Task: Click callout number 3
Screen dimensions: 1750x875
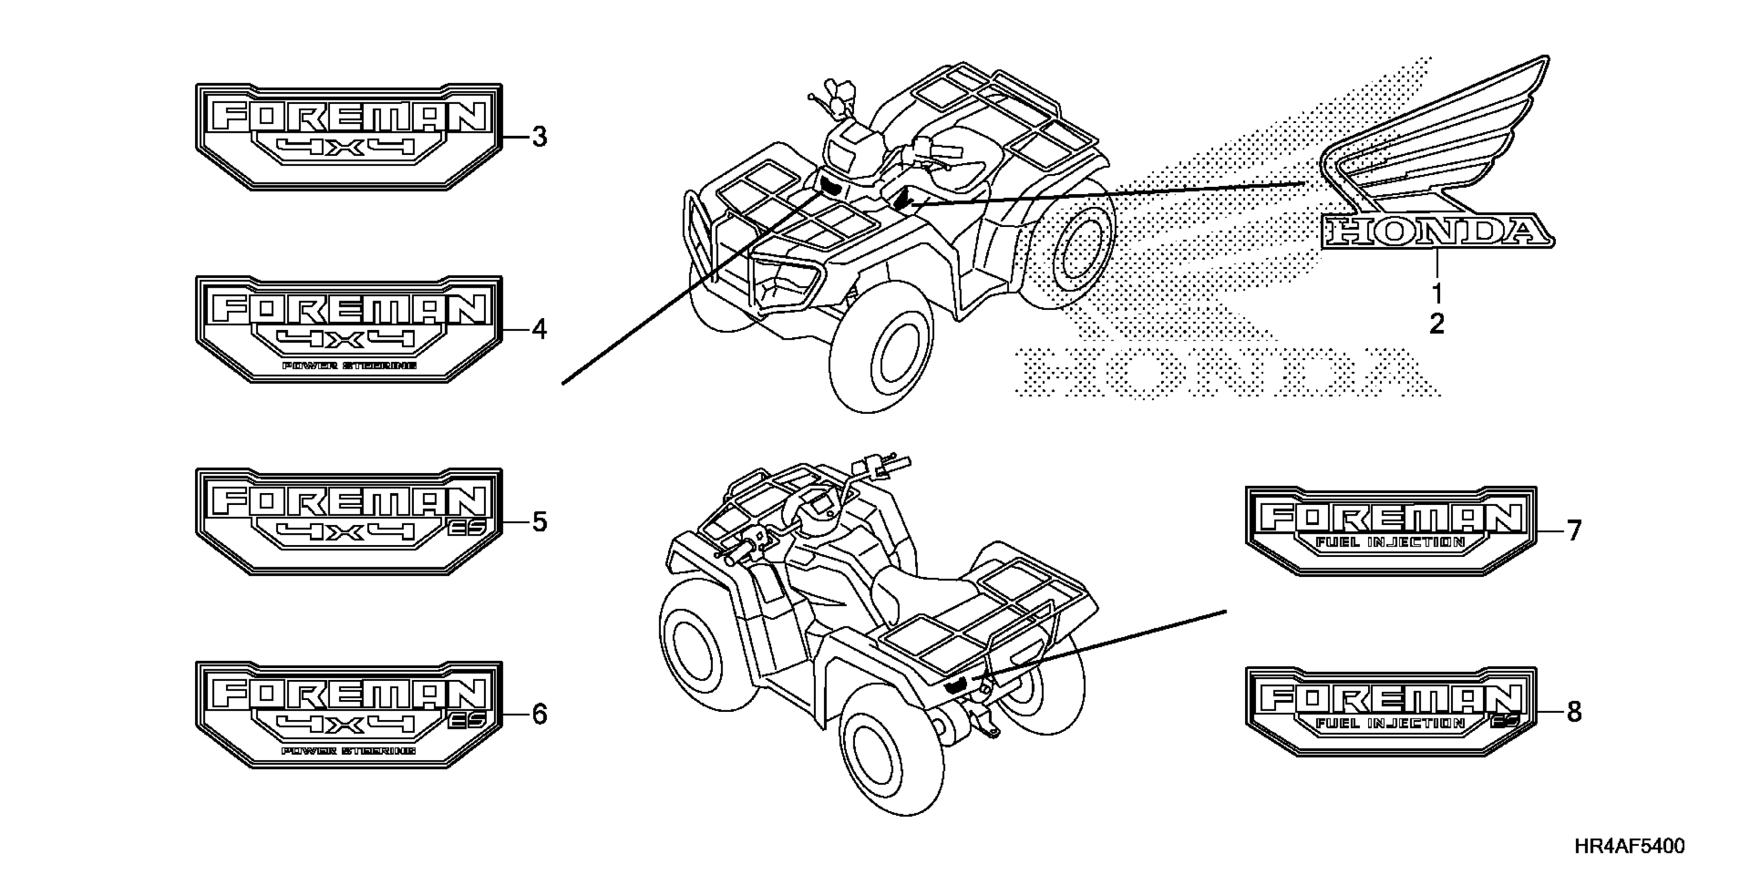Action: (539, 137)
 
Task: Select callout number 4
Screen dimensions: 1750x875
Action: (539, 330)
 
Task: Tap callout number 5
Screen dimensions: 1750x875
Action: (539, 522)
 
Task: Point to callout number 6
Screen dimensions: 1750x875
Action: (539, 715)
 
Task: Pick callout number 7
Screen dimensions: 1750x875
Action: (1574, 531)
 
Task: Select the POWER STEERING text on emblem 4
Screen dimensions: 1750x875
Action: (349, 366)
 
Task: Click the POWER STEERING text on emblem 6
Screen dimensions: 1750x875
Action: (349, 751)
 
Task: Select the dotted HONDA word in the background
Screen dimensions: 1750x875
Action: (1223, 372)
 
